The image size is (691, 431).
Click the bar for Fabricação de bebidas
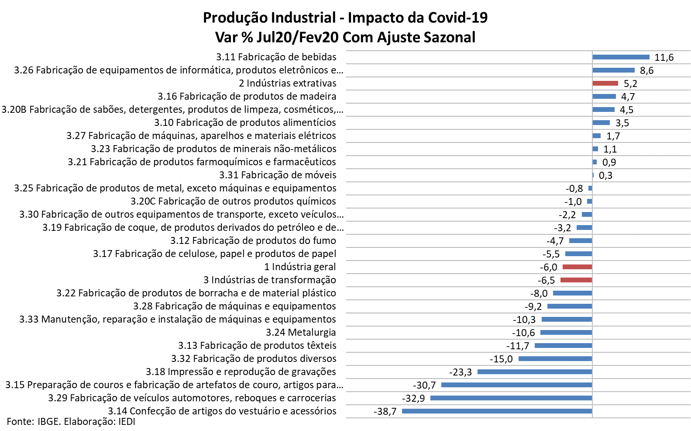coord(621,57)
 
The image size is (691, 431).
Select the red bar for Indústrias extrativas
coord(605,83)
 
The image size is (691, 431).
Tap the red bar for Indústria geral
coord(577,267)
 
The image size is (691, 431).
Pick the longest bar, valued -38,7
coord(497,411)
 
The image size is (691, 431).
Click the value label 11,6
coord(664,57)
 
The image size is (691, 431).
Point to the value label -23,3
coord(461,372)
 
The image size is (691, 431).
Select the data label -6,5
coord(547,280)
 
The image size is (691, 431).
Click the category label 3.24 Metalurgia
coord(301,332)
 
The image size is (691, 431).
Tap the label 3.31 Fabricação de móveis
coord(278,175)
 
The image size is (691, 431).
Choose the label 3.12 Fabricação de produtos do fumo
coord(253,240)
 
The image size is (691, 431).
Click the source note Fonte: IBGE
coord(34,421)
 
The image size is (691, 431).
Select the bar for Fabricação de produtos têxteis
coord(563,345)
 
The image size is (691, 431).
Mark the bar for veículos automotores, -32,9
coord(511,398)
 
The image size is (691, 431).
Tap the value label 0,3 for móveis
coord(605,175)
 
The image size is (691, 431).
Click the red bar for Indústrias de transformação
coord(576,280)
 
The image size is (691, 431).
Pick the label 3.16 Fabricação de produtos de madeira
coord(247,96)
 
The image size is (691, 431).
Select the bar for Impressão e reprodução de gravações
coord(535,372)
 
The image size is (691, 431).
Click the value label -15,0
coord(501,359)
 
